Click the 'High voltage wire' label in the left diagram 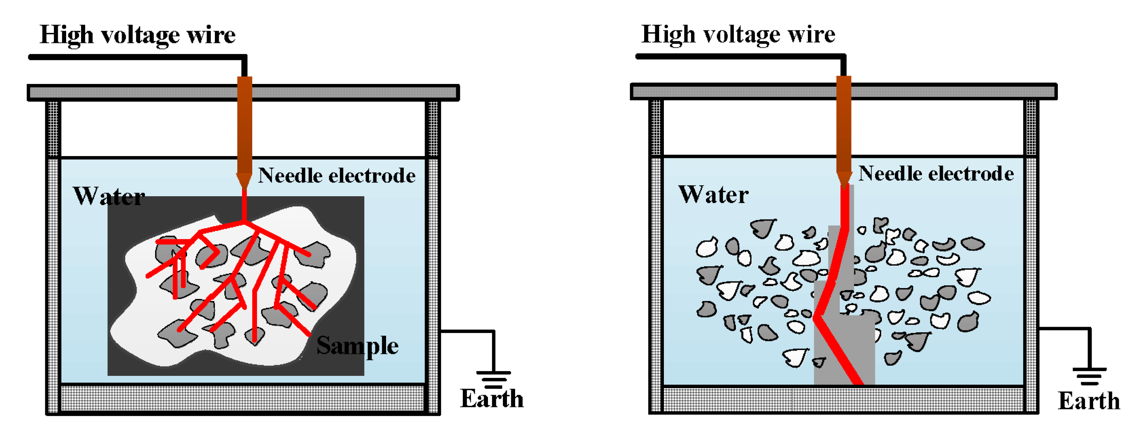click(x=137, y=35)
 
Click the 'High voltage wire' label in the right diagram click(x=738, y=34)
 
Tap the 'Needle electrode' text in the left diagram click(x=336, y=176)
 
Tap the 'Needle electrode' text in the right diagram click(x=936, y=173)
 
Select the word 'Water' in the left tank click(x=109, y=196)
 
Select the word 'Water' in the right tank click(x=713, y=194)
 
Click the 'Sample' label click(x=357, y=345)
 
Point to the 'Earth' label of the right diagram click(x=1088, y=401)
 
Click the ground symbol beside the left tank click(x=493, y=378)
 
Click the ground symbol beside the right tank click(x=1089, y=376)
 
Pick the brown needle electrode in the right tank click(x=844, y=124)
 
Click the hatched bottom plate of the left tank click(x=242, y=398)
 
